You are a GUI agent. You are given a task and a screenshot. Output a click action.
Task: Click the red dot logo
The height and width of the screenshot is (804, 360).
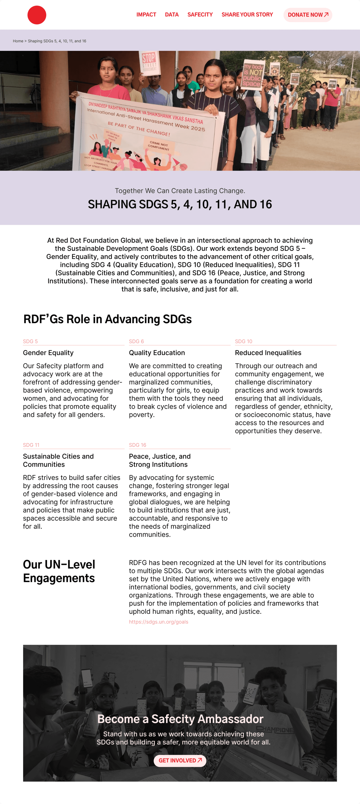(x=37, y=15)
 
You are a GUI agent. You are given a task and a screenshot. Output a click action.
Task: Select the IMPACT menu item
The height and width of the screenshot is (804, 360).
(x=146, y=15)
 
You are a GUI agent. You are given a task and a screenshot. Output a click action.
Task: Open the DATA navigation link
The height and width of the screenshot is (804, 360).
(x=172, y=15)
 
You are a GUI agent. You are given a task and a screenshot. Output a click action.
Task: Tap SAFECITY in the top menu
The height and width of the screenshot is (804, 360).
(x=200, y=15)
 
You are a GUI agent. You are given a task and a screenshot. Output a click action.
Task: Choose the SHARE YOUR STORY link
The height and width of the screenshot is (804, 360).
(x=247, y=15)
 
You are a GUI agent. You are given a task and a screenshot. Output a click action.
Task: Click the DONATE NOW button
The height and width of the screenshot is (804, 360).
(x=308, y=15)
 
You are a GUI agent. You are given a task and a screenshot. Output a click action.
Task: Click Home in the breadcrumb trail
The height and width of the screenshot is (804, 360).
(x=18, y=41)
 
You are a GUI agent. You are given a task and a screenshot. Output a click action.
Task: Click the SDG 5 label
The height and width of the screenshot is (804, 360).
(x=30, y=341)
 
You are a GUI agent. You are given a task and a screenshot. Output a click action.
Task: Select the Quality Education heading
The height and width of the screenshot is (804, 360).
(x=157, y=353)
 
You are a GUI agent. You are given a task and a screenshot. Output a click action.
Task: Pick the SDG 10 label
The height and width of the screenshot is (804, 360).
(x=243, y=341)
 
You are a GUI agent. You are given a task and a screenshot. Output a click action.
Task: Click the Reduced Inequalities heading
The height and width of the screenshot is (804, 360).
(x=268, y=353)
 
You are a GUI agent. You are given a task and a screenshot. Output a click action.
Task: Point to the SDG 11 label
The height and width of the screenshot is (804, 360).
(x=31, y=445)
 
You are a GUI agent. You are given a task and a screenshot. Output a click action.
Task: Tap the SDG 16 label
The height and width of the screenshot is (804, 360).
(x=137, y=445)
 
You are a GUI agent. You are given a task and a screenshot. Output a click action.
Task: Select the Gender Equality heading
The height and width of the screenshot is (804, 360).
(x=48, y=353)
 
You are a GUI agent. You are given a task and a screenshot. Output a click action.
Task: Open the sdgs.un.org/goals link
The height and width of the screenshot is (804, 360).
(x=158, y=622)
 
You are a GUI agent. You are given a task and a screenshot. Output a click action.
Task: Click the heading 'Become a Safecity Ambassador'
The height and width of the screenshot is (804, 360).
(x=180, y=719)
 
